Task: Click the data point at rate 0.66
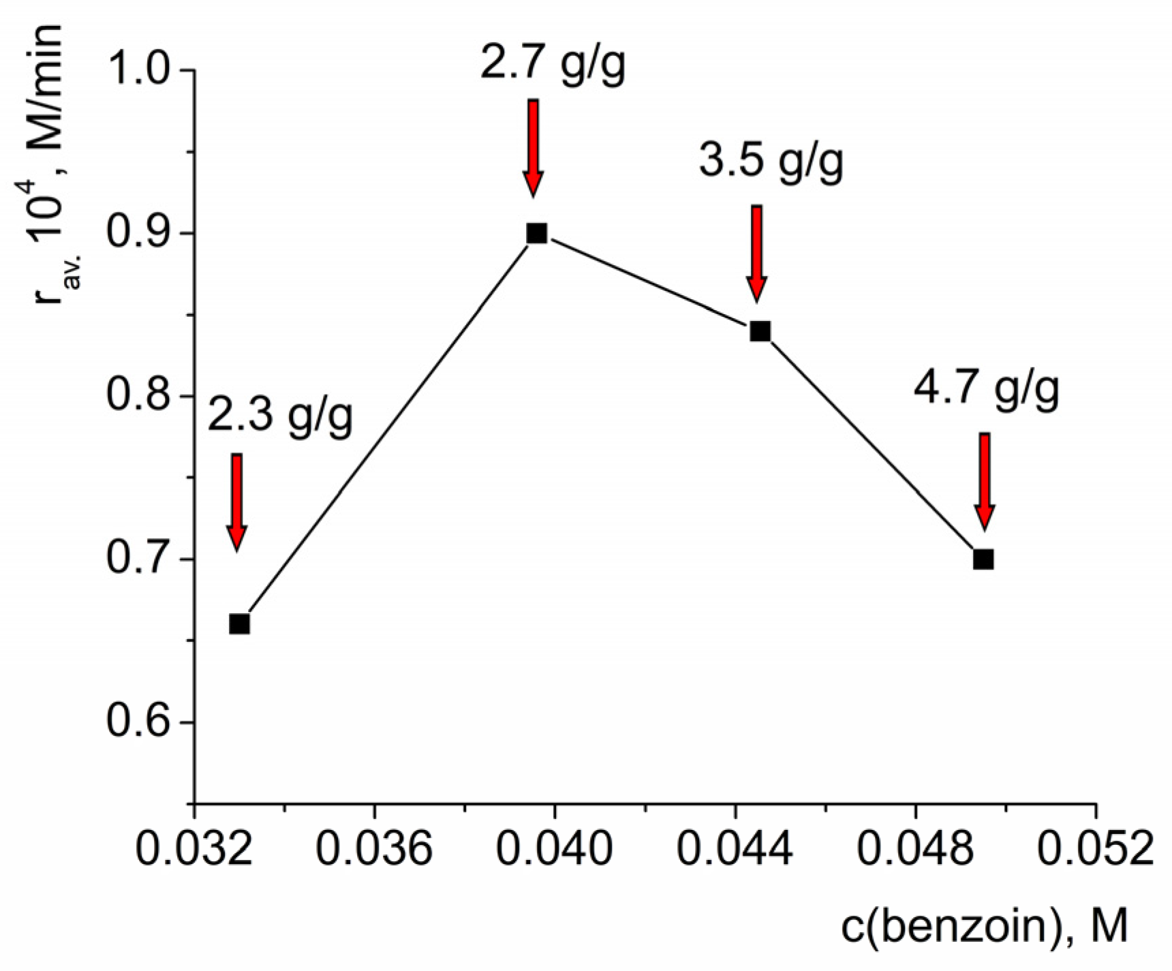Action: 239,623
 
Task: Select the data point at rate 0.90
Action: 536,233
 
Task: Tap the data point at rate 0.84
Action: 760,331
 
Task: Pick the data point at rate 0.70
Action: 983,559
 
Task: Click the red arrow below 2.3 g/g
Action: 236,501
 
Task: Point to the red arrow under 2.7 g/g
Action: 534,147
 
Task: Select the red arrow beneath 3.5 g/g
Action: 756,253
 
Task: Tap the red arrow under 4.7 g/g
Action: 984,480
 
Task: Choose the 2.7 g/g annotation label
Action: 553,65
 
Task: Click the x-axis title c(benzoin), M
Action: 985,927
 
